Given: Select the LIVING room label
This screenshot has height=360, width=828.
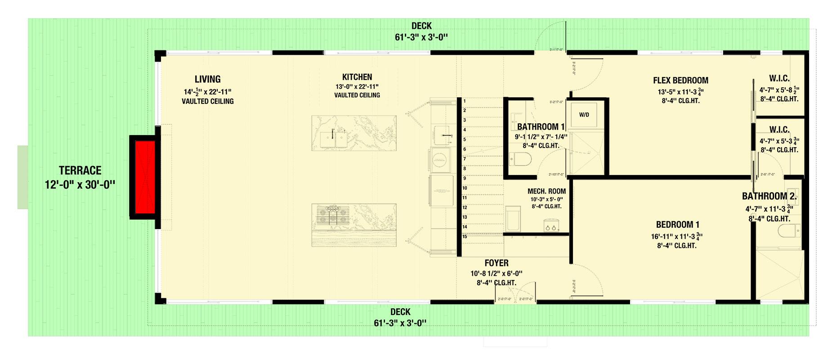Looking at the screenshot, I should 207,79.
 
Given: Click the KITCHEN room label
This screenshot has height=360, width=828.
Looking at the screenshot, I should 357,77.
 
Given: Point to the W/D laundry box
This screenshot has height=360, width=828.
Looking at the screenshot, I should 584,115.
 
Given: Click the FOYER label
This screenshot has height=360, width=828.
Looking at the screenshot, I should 497,263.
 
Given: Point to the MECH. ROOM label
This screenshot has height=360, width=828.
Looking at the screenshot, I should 546,191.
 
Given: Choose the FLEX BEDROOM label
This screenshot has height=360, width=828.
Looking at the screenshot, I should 680,81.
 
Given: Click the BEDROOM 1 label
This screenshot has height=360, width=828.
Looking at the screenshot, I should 677,225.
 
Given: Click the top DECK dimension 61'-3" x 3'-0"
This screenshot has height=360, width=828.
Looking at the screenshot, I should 421,37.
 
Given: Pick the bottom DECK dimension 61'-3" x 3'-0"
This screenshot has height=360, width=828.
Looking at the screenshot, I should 400,323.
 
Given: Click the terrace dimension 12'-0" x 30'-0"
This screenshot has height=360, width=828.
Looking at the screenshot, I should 80,185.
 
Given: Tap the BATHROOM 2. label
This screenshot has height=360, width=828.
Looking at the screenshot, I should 769,196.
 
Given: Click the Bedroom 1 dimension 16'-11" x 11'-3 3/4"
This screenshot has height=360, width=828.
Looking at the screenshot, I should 676,236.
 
